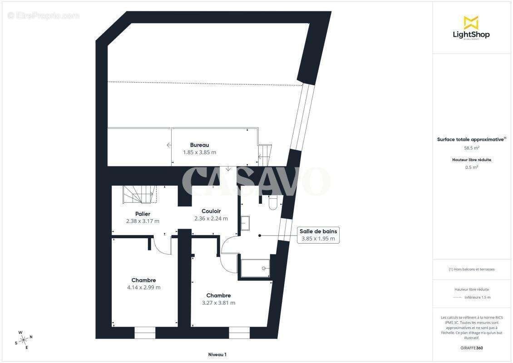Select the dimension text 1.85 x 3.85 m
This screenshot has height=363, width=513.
199,152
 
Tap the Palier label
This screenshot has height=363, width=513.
143,214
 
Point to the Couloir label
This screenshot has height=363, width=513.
211,211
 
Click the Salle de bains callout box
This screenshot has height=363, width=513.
318,235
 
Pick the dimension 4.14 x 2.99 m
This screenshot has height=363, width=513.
143,287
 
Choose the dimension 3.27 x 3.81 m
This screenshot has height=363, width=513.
218,303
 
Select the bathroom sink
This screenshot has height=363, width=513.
246,222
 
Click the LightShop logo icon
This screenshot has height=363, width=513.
471,22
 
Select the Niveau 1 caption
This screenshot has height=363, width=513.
217,354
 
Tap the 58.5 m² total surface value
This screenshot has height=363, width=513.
471,147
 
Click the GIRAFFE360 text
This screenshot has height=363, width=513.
471,347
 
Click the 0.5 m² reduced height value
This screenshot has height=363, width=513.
471,167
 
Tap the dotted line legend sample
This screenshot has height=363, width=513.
458,298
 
